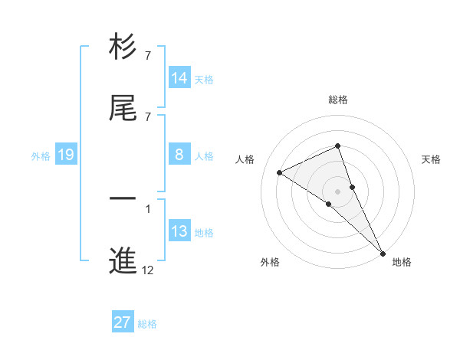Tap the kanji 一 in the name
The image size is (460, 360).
[x=123, y=199]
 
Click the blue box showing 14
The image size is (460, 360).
[x=179, y=78]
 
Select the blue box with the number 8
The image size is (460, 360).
[x=179, y=155]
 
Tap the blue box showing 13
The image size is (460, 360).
[x=179, y=231]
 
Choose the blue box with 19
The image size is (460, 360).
[x=66, y=155]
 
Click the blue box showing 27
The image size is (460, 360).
[x=123, y=322]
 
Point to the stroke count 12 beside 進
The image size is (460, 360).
[x=148, y=270]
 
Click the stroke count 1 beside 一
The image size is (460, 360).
[x=148, y=208]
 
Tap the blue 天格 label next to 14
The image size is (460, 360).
[x=204, y=79]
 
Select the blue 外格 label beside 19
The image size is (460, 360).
[x=41, y=155]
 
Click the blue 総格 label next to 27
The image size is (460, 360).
[x=147, y=323]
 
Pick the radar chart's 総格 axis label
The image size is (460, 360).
[x=338, y=100]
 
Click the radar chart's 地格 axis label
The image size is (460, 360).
[x=402, y=262]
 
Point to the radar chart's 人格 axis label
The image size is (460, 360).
[x=245, y=159]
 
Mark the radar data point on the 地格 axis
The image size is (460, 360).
[x=383, y=253]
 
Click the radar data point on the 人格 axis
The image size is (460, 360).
[x=280, y=172]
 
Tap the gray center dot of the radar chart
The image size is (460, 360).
[x=338, y=191]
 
